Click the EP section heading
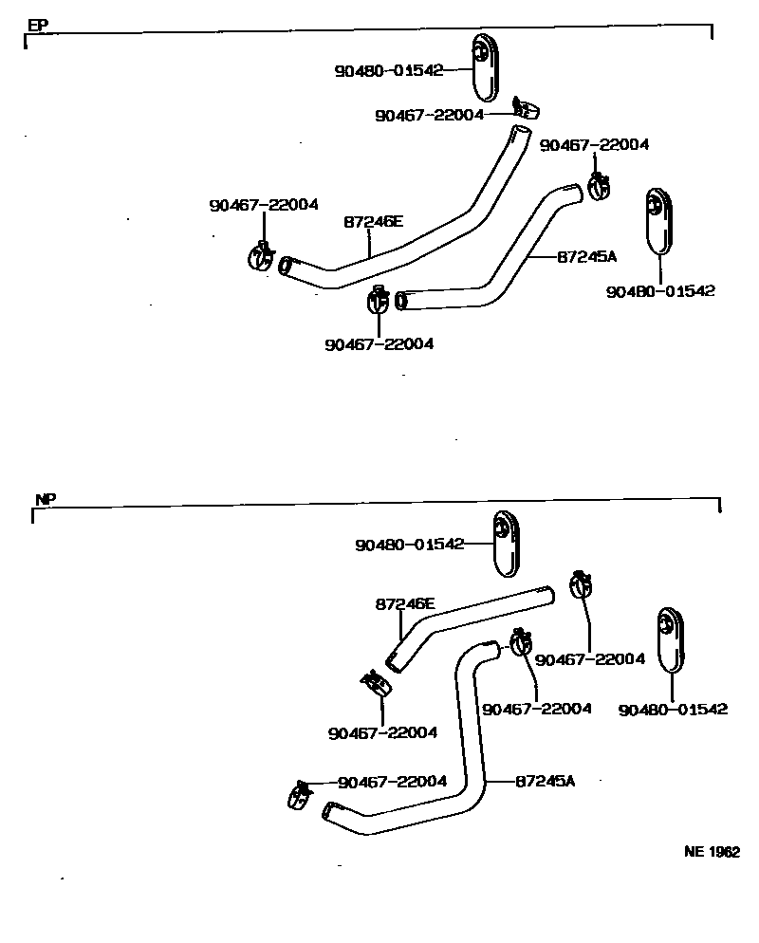[37, 26]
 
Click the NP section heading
[46, 499]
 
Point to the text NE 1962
[712, 852]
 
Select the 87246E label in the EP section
[373, 223]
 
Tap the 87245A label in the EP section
[586, 256]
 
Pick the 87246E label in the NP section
[405, 603]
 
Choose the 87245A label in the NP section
[546, 781]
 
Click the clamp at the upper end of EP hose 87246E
[524, 107]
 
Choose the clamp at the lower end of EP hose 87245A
[377, 301]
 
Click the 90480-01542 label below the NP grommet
[672, 710]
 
